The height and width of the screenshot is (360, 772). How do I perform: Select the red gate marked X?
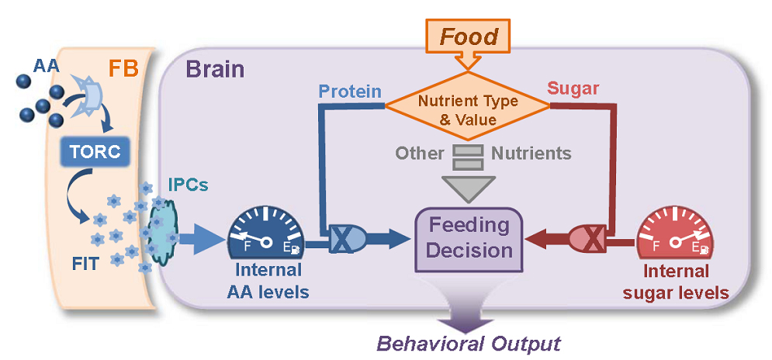tap(590, 240)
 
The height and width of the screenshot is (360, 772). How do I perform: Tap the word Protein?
tap(351, 92)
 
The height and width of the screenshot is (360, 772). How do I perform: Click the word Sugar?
tap(573, 88)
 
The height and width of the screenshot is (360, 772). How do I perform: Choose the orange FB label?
tap(123, 67)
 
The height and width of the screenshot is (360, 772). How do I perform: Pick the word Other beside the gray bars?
tap(420, 153)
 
